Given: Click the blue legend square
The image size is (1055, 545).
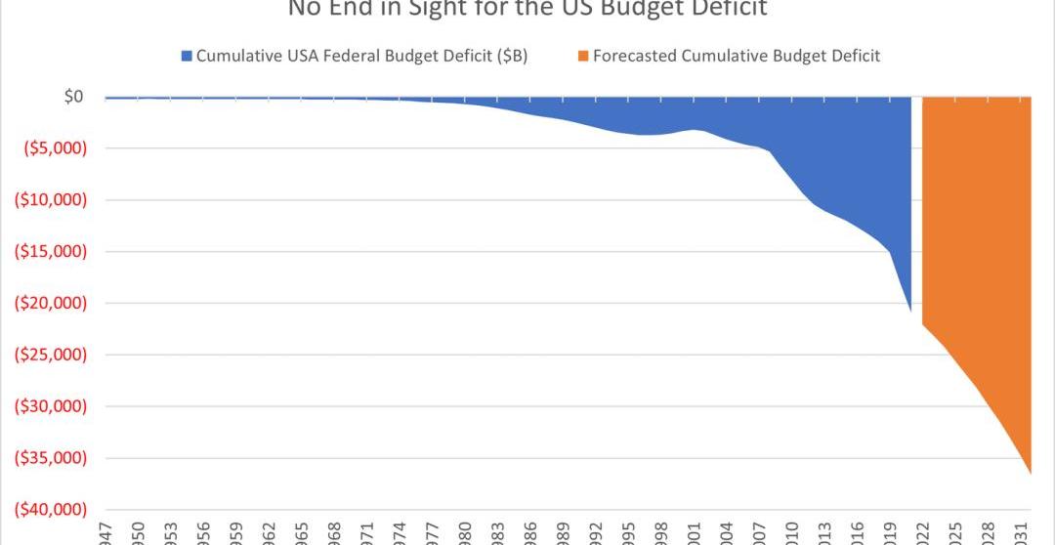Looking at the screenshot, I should coord(187,56).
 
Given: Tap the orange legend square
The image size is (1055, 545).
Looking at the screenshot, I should coord(583,56).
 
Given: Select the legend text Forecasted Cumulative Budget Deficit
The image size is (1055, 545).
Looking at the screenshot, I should coord(737,56).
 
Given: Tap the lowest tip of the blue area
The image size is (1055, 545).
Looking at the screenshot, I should coord(910,311).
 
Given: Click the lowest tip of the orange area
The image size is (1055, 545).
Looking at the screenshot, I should coord(1030,473).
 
